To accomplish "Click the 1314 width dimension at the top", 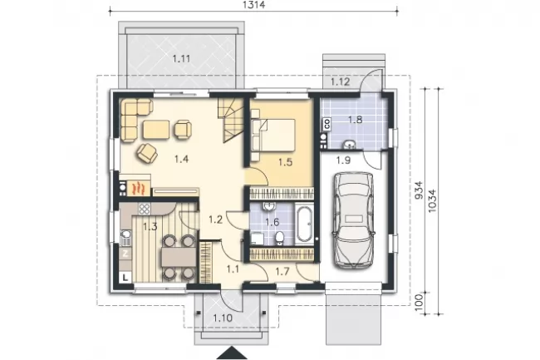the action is pos(254,5).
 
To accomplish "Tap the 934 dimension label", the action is pos(419,190).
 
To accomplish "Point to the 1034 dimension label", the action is pos(432,201).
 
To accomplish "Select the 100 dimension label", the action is pos(419,303).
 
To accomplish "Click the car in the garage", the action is pos(353,219).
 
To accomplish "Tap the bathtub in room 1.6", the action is pos(304,224).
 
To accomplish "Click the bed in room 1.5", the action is pos(273,135).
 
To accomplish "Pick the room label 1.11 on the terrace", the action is pos(181,58).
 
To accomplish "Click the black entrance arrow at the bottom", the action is pos(232,353).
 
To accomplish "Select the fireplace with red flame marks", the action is pos(139,189).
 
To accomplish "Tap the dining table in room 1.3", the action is pos(179,257).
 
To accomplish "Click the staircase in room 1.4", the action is pos(230,120).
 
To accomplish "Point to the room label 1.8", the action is pos(355,120).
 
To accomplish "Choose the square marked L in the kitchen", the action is pos(125,277).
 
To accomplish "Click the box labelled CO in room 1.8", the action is pos(326,124).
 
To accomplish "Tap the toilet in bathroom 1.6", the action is pos(279,239).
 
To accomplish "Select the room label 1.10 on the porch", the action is pos(223,318).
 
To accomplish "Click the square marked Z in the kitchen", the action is pos(125,254).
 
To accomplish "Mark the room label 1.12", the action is pos(341,81).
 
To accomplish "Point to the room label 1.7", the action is pos(282,272).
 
